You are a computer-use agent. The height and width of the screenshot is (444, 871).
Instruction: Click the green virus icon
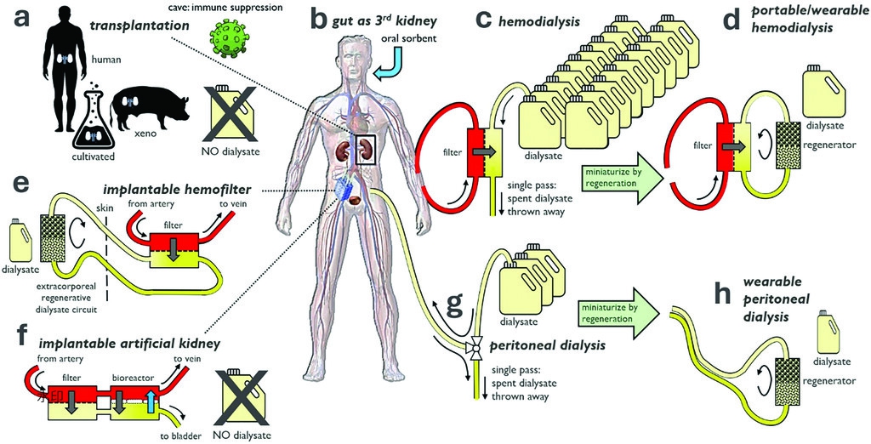(226, 43)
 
